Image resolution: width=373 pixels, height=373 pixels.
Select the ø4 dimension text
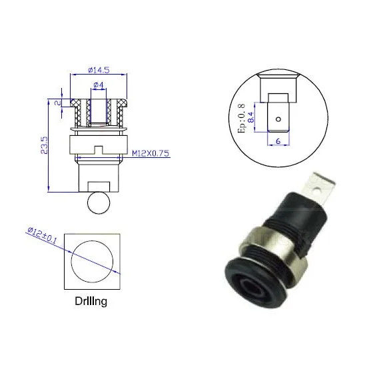coord(97,85)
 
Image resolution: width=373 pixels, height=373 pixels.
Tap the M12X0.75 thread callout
coord(151,154)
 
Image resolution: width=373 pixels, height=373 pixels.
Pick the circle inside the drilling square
coord(93,260)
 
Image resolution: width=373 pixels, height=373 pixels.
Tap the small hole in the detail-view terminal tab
coord(279,121)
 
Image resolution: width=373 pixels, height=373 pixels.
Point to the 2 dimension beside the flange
coord(59,104)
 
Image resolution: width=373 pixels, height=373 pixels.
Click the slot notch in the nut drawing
coord(97,149)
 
